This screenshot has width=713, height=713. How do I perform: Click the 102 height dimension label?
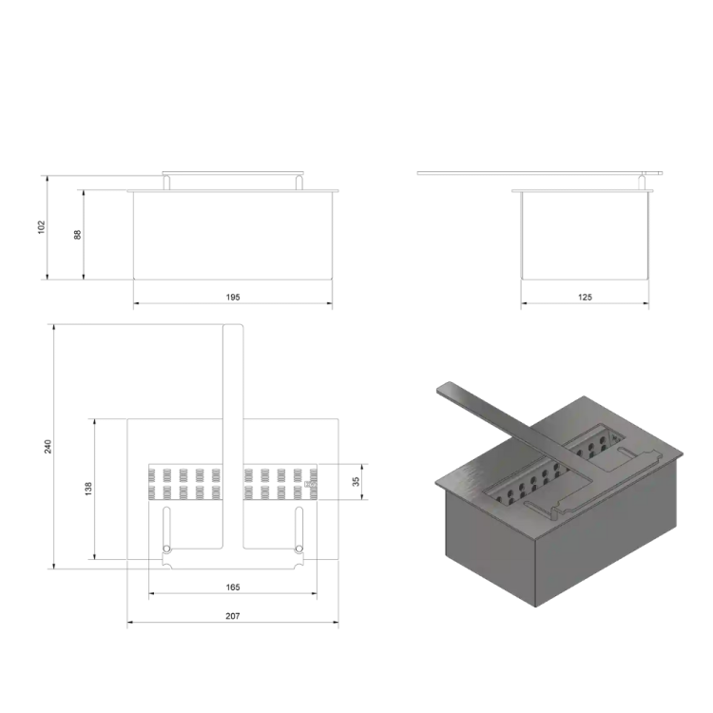coord(42,227)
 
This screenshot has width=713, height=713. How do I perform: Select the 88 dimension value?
coord(78,234)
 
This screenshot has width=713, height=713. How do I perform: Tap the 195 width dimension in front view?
coord(233,297)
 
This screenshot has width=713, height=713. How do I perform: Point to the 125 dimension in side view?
coord(585,297)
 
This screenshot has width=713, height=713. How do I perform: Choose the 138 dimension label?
coord(88,488)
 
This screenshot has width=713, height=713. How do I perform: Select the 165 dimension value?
coord(233,588)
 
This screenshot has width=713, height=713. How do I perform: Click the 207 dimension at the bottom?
coord(233,616)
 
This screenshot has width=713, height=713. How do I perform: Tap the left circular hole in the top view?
coord(166,549)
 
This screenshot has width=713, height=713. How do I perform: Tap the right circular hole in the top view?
coord(299,549)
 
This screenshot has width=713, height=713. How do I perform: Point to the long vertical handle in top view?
coord(233,399)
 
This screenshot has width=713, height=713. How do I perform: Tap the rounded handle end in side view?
coord(655,173)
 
